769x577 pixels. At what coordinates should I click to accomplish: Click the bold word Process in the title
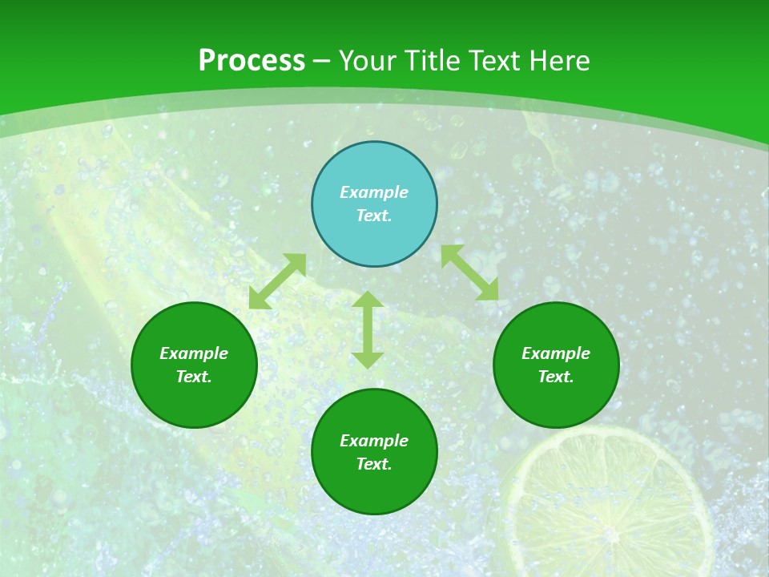coord(252,61)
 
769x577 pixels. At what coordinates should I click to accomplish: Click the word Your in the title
coord(369,61)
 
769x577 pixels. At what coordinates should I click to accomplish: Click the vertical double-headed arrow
coord(368,330)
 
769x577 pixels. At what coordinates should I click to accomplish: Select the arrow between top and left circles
coord(277,281)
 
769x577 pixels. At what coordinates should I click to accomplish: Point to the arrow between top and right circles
coord(470,272)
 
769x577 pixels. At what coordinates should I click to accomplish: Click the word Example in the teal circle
coord(374,192)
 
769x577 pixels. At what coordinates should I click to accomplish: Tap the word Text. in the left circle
coord(194,377)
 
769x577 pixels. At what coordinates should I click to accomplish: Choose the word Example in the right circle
coord(556,353)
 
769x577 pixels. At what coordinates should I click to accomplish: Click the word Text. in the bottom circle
coord(374,464)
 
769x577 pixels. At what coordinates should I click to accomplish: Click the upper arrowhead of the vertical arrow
coord(368,301)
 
